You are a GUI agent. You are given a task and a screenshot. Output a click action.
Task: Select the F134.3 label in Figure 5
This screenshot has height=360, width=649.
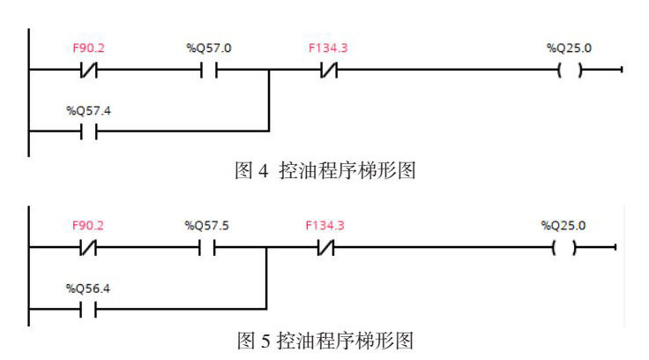click(324, 225)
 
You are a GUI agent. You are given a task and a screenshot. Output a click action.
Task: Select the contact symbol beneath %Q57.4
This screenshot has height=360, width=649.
click(88, 131)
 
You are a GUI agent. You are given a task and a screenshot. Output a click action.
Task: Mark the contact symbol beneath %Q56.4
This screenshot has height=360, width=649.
click(88, 310)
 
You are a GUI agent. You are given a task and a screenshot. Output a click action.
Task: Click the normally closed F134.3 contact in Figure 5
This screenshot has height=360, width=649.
click(324, 250)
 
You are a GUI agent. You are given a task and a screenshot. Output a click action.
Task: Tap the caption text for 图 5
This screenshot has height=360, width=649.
click(324, 339)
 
